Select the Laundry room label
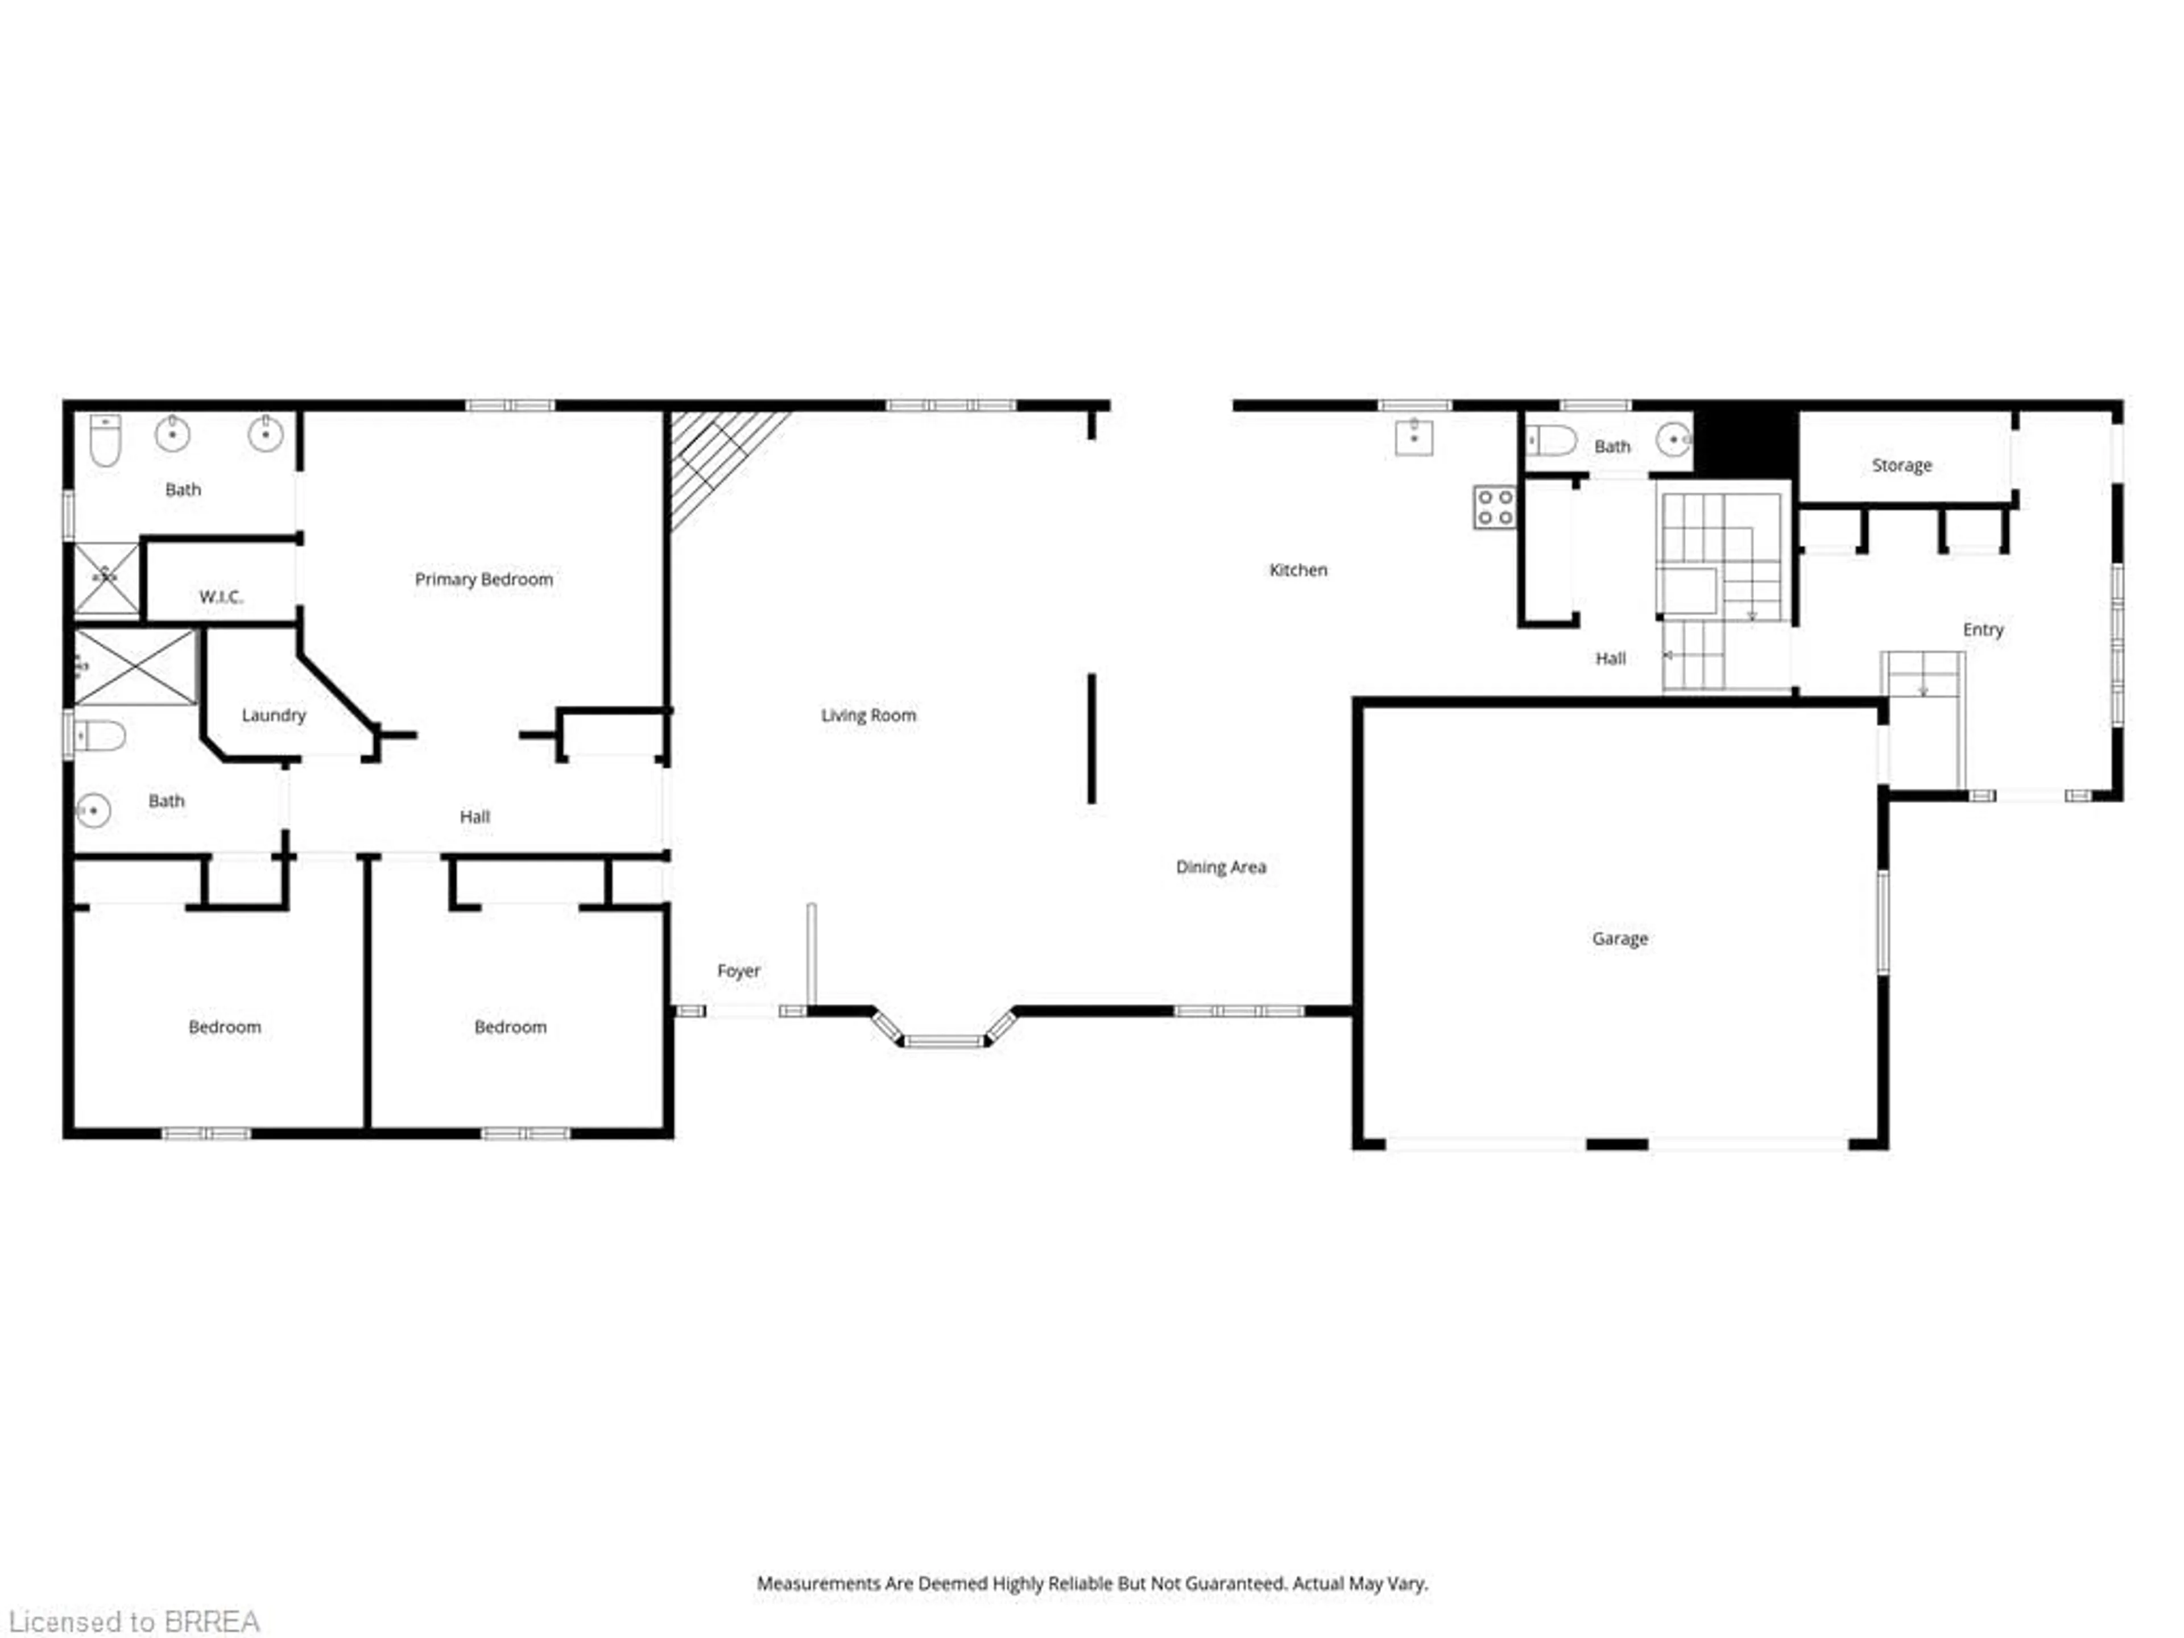(274, 715)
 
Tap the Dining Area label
(1221, 867)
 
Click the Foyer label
(739, 970)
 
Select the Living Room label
(868, 715)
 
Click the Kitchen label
(1297, 570)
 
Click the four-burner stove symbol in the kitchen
(1495, 507)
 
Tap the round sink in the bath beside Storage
(1673, 440)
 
